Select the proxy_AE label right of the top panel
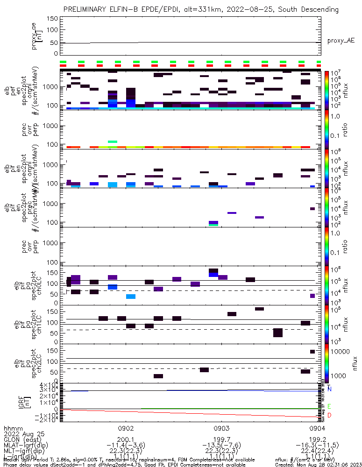point(341,41)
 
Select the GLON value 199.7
point(221,439)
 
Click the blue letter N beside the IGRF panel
point(330,389)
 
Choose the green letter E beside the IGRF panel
point(330,407)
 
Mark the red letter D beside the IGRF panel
point(330,415)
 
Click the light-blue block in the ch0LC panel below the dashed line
point(131,297)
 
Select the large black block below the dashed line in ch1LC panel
point(278,333)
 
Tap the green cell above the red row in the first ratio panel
point(113,142)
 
